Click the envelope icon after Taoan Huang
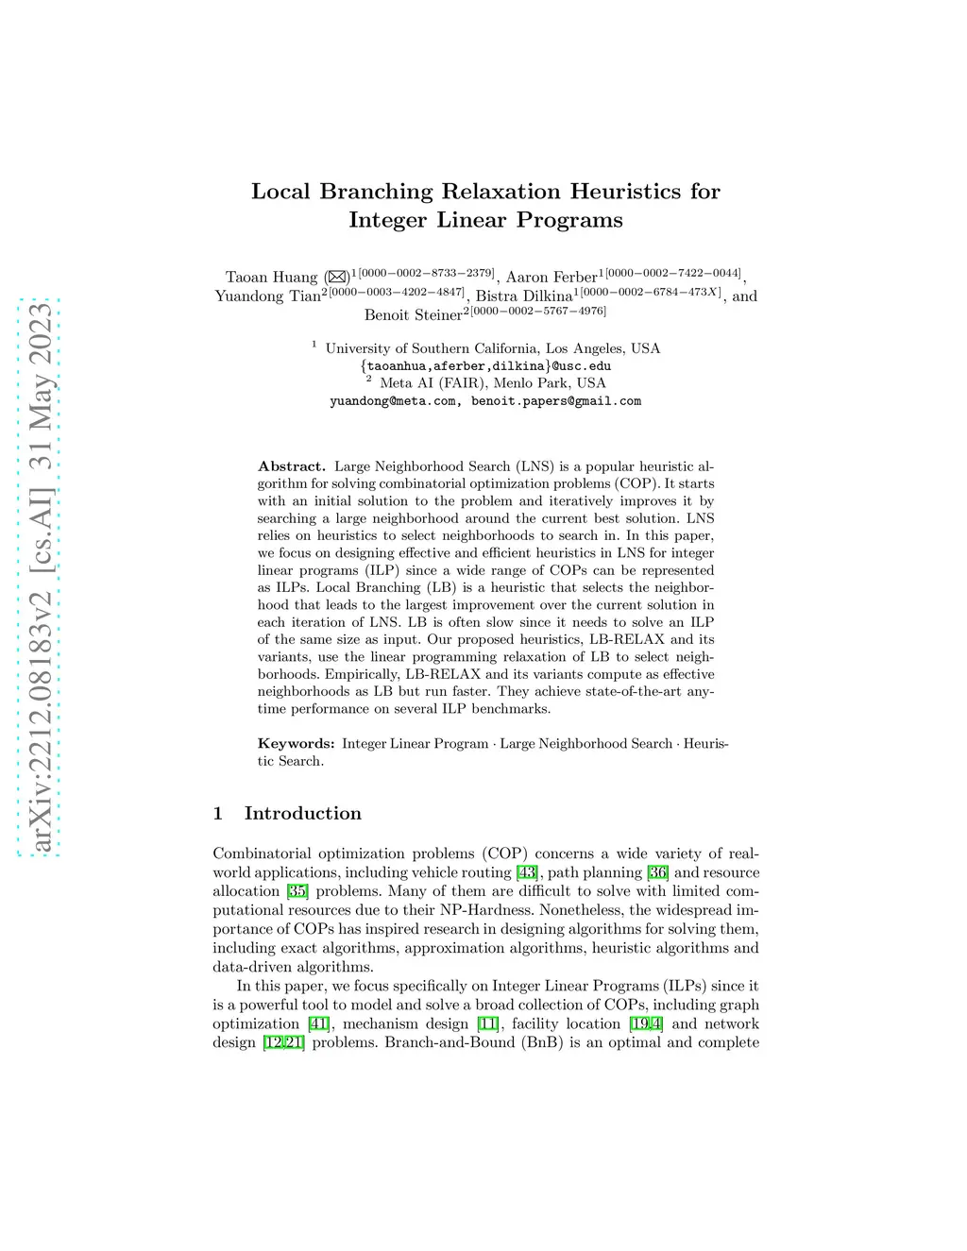tap(337, 277)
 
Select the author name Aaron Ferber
tap(551, 278)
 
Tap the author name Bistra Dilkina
tap(524, 296)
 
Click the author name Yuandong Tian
tap(267, 296)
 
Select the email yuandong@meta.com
tap(393, 401)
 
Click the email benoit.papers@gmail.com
tap(556, 401)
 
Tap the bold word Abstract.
tap(291, 466)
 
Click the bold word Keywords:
tap(296, 744)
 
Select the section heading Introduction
tap(302, 814)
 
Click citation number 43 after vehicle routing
tap(527, 872)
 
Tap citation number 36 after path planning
tap(657, 872)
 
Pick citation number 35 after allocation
tap(297, 891)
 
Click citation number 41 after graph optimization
tap(319, 1023)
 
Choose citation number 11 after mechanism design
tap(487, 1023)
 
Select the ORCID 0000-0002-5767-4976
tap(538, 311)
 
